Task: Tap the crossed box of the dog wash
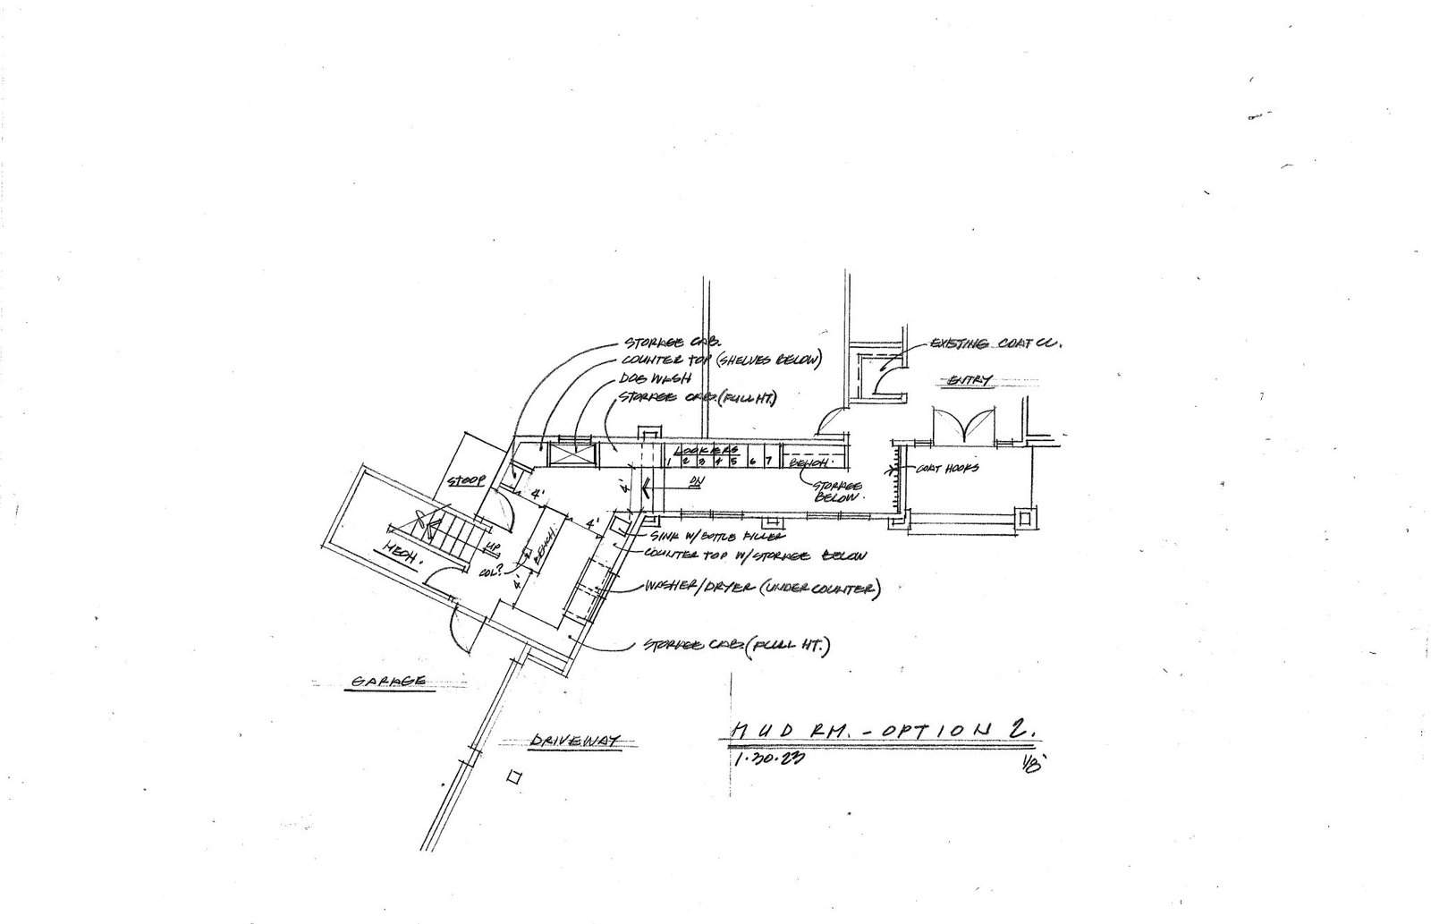click(x=571, y=454)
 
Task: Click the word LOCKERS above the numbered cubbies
click(x=708, y=449)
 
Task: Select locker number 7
click(x=769, y=461)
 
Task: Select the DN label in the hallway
click(x=695, y=482)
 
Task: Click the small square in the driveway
click(x=513, y=777)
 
